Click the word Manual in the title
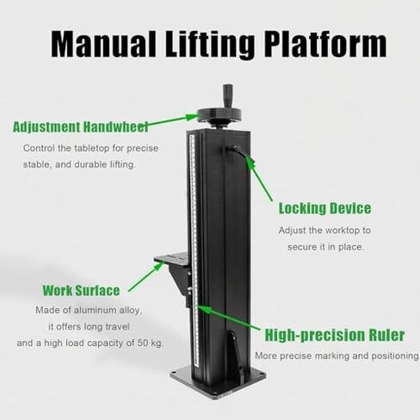click(x=103, y=44)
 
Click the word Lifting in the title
click(x=210, y=46)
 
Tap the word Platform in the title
click(x=325, y=44)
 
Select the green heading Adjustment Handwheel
click(x=80, y=127)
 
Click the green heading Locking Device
click(x=324, y=208)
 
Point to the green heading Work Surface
click(x=81, y=291)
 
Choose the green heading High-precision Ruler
click(x=335, y=335)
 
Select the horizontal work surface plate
click(x=171, y=258)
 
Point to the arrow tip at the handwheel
click(x=198, y=114)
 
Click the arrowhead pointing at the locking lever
click(x=247, y=157)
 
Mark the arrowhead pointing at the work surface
click(x=163, y=262)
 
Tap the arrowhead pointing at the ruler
click(x=199, y=306)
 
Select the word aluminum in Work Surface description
click(x=95, y=310)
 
